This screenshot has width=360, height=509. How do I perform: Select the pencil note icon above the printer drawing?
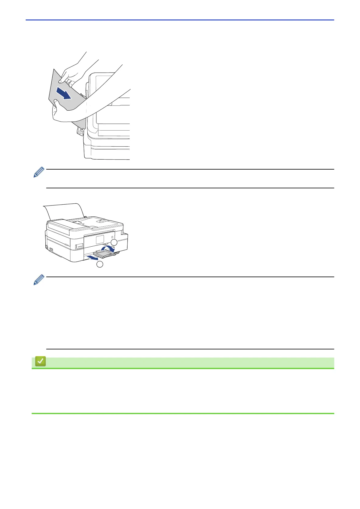[39, 172]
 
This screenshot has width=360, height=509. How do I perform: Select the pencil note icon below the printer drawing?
[39, 280]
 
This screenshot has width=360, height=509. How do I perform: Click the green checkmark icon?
[41, 361]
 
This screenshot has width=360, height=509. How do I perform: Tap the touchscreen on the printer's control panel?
[100, 240]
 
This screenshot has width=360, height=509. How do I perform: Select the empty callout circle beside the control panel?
[114, 242]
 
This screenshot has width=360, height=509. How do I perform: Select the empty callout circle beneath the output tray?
[99, 264]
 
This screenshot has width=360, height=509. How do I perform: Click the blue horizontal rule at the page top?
[180, 20]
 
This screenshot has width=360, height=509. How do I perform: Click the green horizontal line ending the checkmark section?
[183, 413]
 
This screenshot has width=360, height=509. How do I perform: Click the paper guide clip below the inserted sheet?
[80, 132]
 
